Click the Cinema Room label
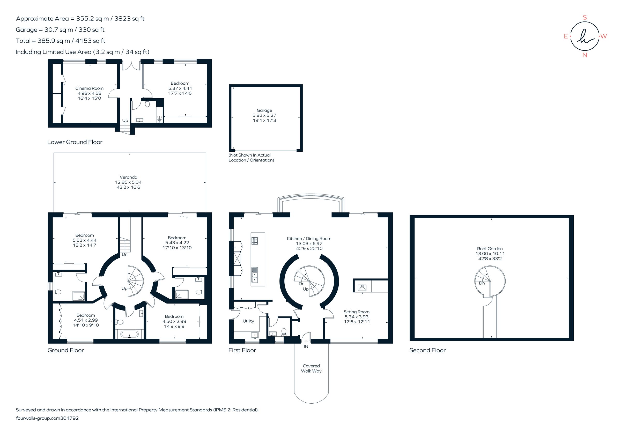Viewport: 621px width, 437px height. point(89,88)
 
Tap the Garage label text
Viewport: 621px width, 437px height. point(264,110)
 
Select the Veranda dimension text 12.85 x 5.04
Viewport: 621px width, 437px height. point(128,182)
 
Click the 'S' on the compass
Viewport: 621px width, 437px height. point(585,18)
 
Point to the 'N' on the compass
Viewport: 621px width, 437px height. point(585,55)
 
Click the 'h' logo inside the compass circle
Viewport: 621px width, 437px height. point(585,36)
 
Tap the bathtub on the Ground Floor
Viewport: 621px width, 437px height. point(129,334)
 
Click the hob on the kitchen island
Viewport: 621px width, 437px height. point(255,241)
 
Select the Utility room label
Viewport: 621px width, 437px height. point(248,321)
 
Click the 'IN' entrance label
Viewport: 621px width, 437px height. point(306,346)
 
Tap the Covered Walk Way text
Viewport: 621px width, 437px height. point(311,368)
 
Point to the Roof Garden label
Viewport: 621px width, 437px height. point(490,249)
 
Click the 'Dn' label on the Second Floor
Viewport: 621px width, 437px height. point(482,283)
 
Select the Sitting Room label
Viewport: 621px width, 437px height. point(357,312)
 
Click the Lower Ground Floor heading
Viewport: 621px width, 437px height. point(75,142)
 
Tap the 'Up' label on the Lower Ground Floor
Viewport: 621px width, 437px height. point(125,120)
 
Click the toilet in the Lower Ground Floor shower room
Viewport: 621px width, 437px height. point(147,104)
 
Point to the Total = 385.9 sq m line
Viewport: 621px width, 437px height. point(60,41)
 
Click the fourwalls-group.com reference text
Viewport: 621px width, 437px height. point(47,418)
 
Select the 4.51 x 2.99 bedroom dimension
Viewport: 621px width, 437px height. point(86,320)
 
